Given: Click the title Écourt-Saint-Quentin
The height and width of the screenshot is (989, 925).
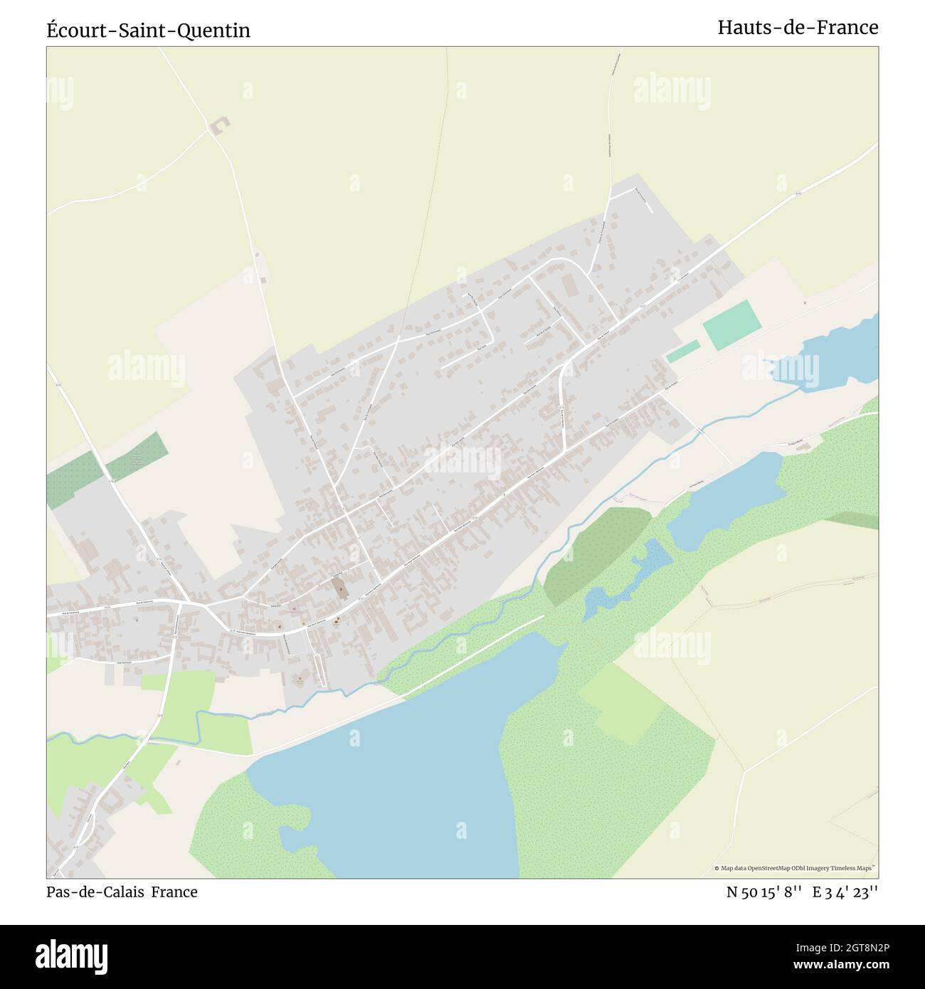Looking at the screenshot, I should (x=149, y=31).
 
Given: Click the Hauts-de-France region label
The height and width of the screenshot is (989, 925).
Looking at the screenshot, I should (x=798, y=28).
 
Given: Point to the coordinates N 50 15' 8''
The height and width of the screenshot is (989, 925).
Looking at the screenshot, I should (x=764, y=892).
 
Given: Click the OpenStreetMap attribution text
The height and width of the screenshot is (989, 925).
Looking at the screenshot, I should (x=795, y=868).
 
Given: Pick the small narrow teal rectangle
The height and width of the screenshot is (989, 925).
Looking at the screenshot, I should (x=682, y=350).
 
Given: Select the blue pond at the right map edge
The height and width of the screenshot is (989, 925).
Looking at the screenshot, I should (x=840, y=356).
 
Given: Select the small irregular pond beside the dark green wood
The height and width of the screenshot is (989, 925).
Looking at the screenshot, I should (x=626, y=576).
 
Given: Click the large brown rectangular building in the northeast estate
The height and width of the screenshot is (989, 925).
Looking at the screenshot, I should (x=569, y=285).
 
